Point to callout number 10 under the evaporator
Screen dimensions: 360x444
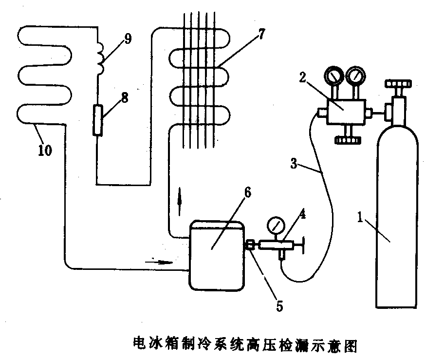(44, 151)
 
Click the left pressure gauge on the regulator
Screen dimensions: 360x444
(334, 76)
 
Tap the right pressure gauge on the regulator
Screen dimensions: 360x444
(355, 76)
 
